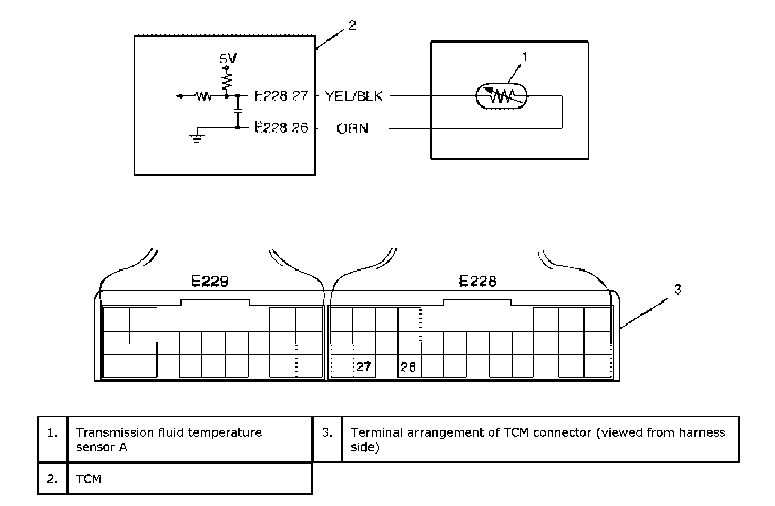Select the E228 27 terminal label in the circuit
[x=281, y=96]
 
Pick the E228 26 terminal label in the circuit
[x=281, y=128]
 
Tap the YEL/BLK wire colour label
[x=353, y=96]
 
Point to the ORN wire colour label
[x=352, y=128]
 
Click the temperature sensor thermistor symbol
[x=501, y=96]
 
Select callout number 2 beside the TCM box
[x=352, y=25]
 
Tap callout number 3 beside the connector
[x=678, y=289]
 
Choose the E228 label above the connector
[x=477, y=281]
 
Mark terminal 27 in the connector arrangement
[x=364, y=366]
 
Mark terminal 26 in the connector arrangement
[x=408, y=366]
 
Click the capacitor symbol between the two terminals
[x=238, y=112]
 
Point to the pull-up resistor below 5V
[x=227, y=80]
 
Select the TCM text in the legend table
[x=88, y=479]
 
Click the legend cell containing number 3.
[x=327, y=432]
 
